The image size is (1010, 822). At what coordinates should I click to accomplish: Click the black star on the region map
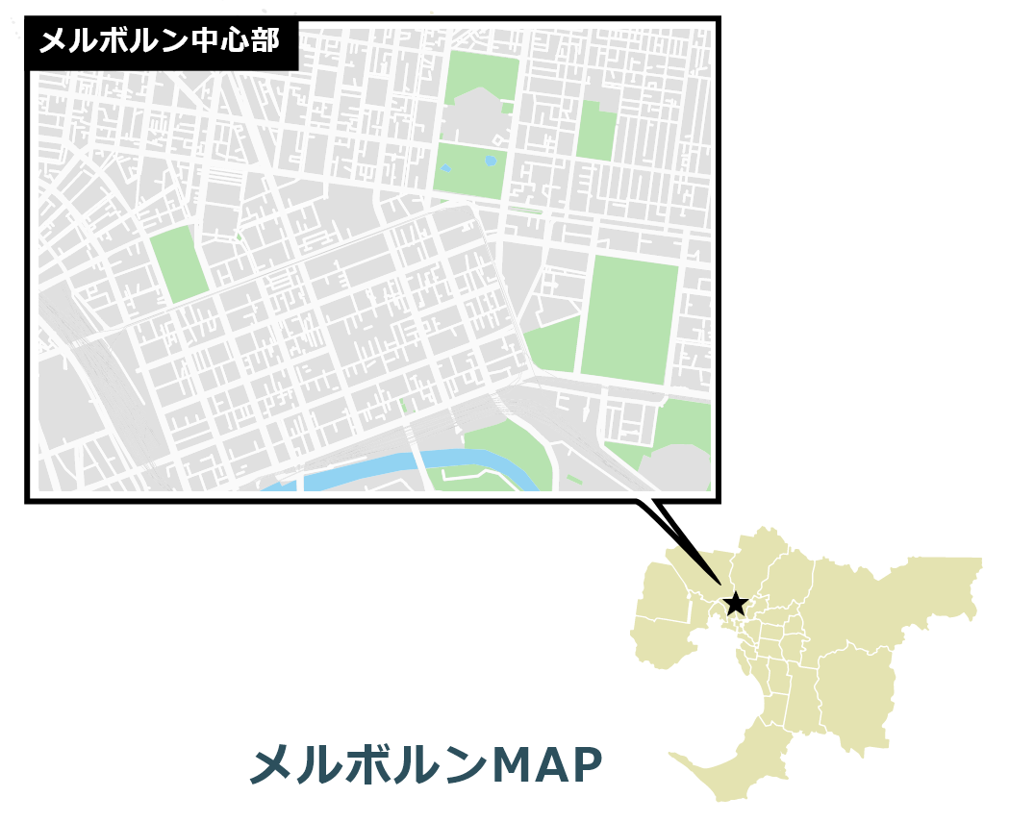point(735,604)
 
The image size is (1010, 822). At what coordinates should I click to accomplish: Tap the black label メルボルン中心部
point(159,42)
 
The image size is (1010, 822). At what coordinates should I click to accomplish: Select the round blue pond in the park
point(492,161)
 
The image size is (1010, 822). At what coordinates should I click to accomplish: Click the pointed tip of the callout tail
point(719,584)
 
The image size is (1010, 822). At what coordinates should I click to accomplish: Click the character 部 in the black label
point(265,42)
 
